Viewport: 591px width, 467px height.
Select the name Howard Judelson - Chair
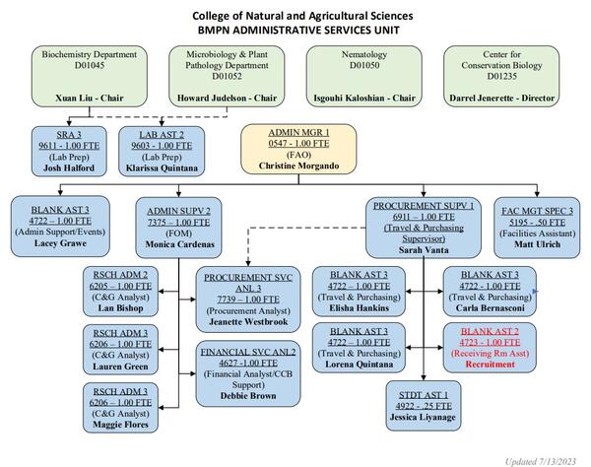220,100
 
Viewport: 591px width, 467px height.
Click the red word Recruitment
489,365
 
